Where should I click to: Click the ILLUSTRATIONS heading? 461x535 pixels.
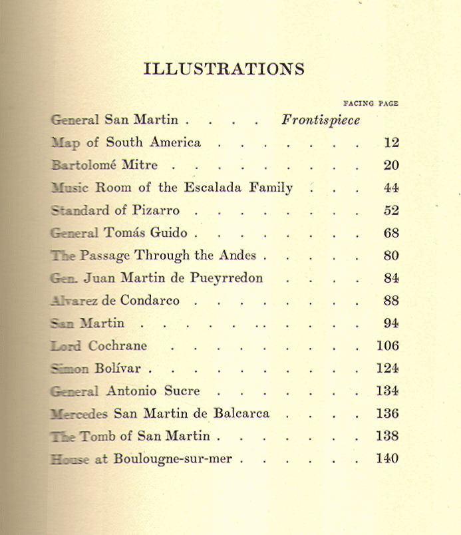pos(224,69)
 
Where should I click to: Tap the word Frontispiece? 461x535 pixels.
pos(321,120)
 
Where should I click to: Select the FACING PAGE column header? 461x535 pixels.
pos(370,103)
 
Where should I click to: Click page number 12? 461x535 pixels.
pos(391,142)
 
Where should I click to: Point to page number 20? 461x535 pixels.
pos(391,166)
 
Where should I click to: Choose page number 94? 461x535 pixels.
pos(391,323)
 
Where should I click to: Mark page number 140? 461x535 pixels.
pos(387,458)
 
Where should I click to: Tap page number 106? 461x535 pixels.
pos(387,346)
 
